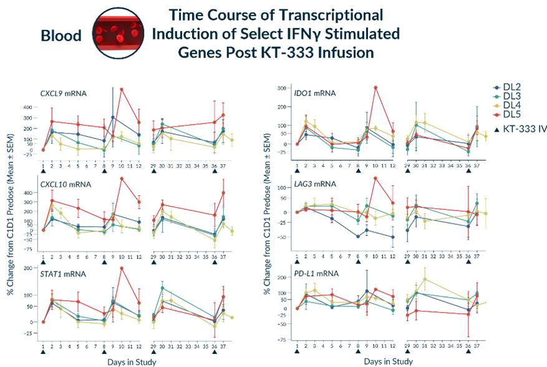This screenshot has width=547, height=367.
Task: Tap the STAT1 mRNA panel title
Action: coord(61,273)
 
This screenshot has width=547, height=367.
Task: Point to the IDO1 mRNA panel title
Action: coord(314,93)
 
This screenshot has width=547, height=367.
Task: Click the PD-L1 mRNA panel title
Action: coord(317,273)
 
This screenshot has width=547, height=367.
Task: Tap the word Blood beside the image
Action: coord(61,36)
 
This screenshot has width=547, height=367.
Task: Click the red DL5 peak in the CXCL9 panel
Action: coord(122,89)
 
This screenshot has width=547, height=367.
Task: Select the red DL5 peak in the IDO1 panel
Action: coord(375,87)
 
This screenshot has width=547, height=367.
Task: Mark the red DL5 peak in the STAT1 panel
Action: coord(122,268)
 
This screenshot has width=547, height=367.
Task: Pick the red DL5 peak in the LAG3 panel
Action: coord(375,178)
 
